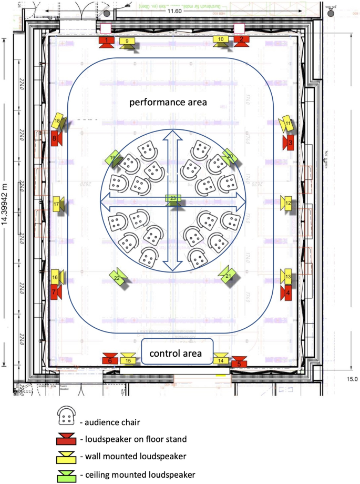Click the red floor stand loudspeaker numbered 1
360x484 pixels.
[x=107, y=42]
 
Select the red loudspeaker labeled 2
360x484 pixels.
[x=241, y=41]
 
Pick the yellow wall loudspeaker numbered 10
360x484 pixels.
[x=221, y=41]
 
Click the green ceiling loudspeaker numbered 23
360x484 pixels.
[x=173, y=199]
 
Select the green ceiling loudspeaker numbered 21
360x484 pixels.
[x=229, y=276]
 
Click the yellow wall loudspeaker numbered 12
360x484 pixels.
[x=288, y=203]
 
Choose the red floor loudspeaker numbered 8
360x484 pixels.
[x=56, y=139]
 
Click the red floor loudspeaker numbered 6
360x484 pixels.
[x=110, y=359]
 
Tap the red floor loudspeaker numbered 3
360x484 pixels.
[x=289, y=142]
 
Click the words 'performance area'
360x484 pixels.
[x=169, y=102]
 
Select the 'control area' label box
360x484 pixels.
[x=176, y=353]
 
